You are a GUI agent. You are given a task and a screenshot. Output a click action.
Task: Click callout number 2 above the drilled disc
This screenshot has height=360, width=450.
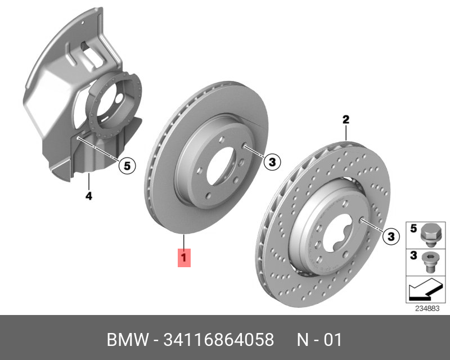[346, 119]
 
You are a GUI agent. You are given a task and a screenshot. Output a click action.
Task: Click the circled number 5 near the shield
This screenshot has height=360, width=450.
[127, 165]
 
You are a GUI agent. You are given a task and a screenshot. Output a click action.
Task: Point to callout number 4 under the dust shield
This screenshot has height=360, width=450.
[89, 196]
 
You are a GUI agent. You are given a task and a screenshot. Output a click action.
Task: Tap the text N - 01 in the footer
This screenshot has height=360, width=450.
[319, 340]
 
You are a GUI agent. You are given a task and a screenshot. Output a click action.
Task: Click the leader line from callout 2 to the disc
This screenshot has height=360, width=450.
[346, 133]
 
